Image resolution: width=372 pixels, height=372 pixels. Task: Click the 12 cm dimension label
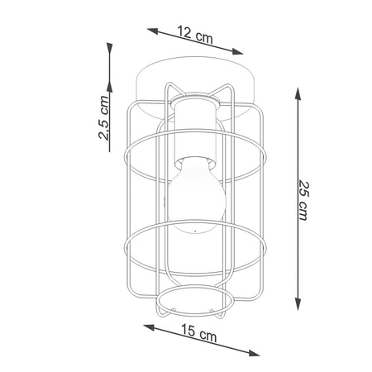point(195,36)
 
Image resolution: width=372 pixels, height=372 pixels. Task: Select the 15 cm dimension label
point(199,332)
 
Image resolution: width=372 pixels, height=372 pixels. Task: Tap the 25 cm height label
point(303,200)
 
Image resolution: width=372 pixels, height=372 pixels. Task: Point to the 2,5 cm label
point(103,118)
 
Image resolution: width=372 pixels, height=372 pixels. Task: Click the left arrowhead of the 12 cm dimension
point(152,31)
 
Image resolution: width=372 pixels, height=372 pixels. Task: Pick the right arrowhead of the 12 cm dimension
point(237,51)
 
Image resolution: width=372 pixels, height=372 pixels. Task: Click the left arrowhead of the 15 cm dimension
point(149,327)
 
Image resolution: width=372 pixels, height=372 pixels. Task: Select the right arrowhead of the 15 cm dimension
point(254,352)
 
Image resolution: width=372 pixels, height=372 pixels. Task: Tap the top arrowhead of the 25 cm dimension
point(298,93)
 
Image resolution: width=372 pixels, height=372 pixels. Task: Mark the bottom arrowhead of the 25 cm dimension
point(298,304)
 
